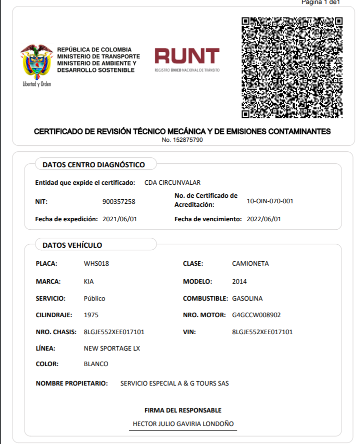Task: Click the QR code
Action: click(x=292, y=67)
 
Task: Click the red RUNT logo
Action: click(x=187, y=59)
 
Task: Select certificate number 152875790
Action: click(x=182, y=140)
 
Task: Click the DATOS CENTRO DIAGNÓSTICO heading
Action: click(x=93, y=164)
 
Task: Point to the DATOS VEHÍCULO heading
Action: click(x=72, y=245)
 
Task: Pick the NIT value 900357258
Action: click(x=118, y=202)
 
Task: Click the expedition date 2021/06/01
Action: click(x=119, y=219)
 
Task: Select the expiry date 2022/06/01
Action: click(x=264, y=219)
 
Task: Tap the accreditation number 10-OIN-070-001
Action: click(x=270, y=201)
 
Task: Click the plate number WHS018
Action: click(x=96, y=264)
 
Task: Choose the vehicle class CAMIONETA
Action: click(x=250, y=264)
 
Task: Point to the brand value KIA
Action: click(x=89, y=281)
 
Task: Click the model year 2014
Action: click(x=239, y=281)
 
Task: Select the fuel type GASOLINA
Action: click(x=247, y=299)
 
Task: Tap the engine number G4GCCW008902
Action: click(x=256, y=315)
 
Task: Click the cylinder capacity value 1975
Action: click(x=91, y=315)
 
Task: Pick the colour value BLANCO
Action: click(x=96, y=364)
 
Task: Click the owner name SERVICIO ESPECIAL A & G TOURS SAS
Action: click(x=174, y=384)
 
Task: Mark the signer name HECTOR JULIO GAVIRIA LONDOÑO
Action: click(x=183, y=424)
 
